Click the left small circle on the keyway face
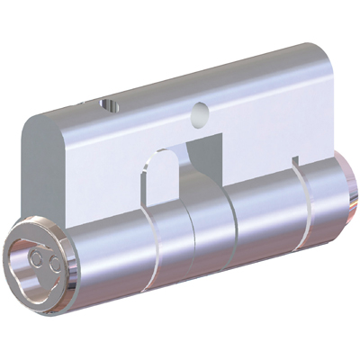pos(35,257)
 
